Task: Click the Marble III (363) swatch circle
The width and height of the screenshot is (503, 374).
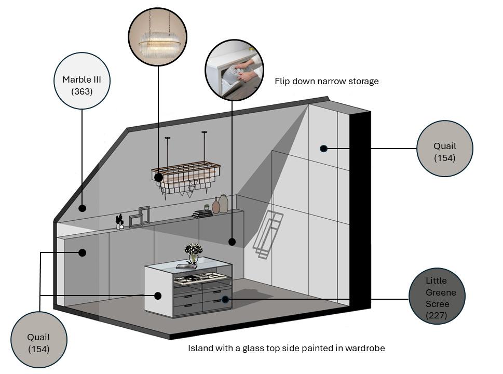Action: tap(81, 84)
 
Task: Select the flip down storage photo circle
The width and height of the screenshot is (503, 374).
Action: tap(234, 69)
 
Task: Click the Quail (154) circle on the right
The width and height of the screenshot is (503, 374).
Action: tap(444, 149)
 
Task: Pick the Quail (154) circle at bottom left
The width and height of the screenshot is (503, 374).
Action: tap(39, 340)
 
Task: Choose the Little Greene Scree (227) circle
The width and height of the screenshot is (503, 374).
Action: tap(437, 296)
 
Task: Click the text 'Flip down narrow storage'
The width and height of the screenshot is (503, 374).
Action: tap(327, 81)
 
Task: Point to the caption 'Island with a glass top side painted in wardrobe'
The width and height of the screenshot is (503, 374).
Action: tap(286, 348)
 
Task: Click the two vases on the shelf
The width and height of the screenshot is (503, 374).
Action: tap(220, 204)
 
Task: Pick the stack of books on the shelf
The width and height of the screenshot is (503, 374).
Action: tap(202, 213)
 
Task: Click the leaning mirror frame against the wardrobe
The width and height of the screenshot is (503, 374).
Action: tap(268, 235)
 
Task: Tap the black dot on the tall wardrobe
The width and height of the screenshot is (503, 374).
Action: tap(323, 149)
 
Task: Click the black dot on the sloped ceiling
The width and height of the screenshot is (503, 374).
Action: tap(82, 208)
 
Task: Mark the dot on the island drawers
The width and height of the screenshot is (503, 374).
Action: tap(225, 299)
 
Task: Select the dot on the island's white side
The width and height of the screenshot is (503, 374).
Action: tap(158, 296)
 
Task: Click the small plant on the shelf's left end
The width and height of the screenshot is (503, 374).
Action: tap(120, 222)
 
